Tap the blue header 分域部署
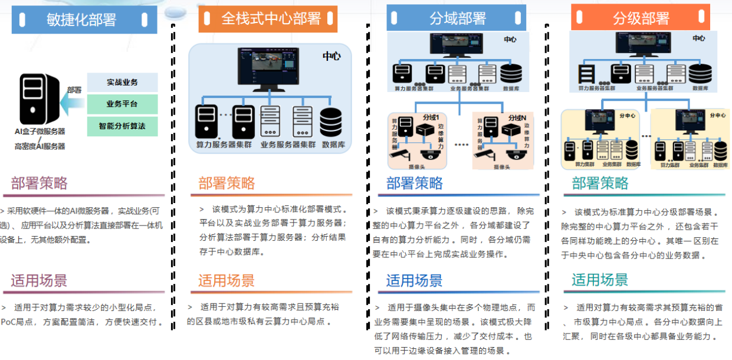coord(456,18)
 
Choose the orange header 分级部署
coord(641,18)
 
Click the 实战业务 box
coord(122,82)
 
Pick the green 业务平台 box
coord(122,104)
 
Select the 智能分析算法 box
coord(122,126)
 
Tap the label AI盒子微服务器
coord(40,131)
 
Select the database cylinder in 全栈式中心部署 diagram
coord(334,122)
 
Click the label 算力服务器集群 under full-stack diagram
coord(225,144)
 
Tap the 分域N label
coord(516,117)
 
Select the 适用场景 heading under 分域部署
coord(414,280)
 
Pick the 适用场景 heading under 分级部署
coord(600,280)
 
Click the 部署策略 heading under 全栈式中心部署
coord(227,183)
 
